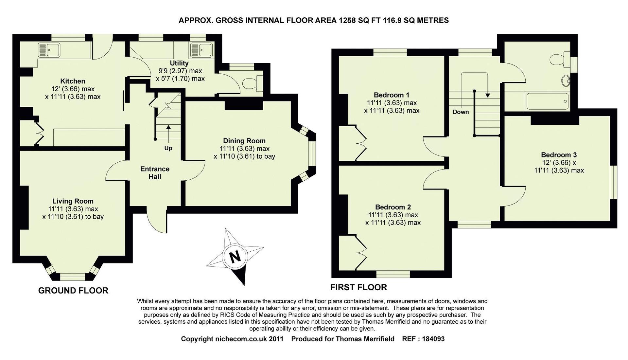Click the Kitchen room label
tap(73, 81)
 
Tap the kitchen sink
tap(49, 50)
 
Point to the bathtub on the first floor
tap(547, 101)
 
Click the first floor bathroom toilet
tap(559, 60)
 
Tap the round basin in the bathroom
tap(566, 81)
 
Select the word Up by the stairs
tap(168, 148)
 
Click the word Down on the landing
tap(461, 112)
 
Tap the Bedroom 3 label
tap(559, 155)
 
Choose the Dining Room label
tap(244, 141)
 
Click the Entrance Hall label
tap(155, 173)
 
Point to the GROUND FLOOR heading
tap(73, 291)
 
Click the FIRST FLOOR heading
tap(358, 287)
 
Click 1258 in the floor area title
tap(347, 20)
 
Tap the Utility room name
tap(179, 63)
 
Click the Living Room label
tap(73, 201)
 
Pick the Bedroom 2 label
tap(393, 207)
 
